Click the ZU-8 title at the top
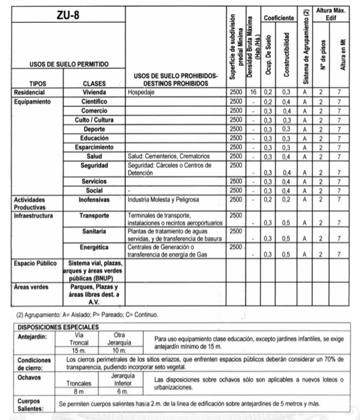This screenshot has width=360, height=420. tap(68, 16)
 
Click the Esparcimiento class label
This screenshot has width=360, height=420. tap(94, 148)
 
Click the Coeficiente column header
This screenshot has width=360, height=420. tap(279, 18)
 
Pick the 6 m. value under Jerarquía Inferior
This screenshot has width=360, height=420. tap(122, 392)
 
